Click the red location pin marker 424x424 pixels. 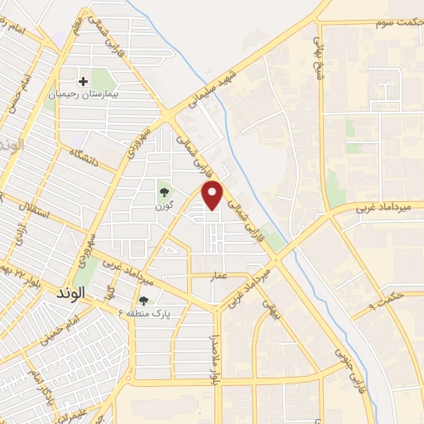tap(213, 195)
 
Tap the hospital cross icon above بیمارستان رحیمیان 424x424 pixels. tap(83, 81)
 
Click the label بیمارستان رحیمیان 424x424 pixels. tap(82, 96)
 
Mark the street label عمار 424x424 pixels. tap(218, 274)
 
